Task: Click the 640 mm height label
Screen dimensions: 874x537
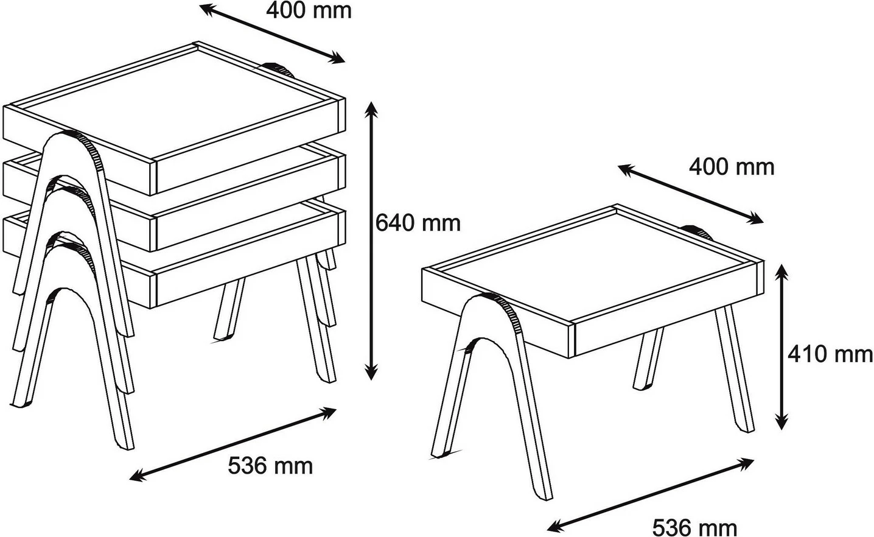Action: tap(418, 223)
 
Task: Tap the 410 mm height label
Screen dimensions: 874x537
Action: tap(830, 354)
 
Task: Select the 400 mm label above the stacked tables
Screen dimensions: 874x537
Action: tap(309, 10)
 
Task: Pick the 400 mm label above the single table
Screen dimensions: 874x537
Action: tap(732, 167)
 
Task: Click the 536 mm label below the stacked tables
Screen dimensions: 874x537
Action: tap(270, 466)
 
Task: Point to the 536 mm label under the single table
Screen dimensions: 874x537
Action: tap(694, 528)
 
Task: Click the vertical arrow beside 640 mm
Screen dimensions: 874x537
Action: tap(371, 240)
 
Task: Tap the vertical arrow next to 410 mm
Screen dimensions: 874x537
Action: tap(781, 346)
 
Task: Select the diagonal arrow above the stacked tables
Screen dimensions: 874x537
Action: tap(272, 33)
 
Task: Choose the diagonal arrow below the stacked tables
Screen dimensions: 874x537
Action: tap(232, 444)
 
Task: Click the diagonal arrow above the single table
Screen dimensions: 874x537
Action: tap(690, 194)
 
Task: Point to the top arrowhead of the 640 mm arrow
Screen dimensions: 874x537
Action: tap(371, 109)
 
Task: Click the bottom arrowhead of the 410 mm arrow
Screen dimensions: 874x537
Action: tap(781, 422)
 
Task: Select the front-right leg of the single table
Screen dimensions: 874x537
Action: tap(734, 369)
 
